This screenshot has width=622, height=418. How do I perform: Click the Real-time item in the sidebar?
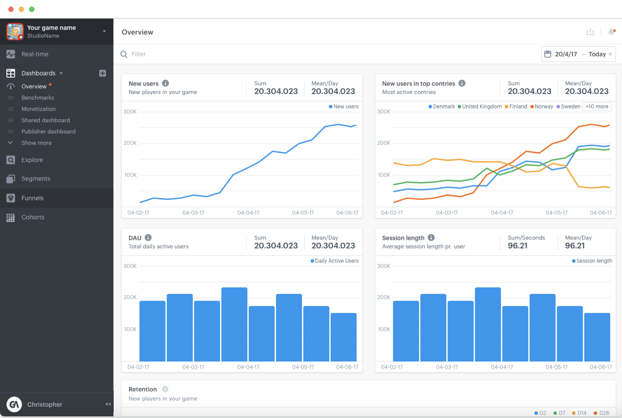point(35,54)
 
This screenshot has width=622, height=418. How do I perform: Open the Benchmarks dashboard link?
point(38,98)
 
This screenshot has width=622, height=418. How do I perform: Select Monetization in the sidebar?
point(39,109)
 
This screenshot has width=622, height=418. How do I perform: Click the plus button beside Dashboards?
point(102,73)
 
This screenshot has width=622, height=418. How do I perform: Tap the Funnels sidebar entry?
point(32,198)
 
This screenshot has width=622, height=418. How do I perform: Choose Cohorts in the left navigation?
point(33,217)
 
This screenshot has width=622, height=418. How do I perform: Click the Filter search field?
point(191,54)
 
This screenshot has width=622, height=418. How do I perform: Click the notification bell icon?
point(611,32)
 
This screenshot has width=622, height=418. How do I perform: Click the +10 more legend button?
point(597,107)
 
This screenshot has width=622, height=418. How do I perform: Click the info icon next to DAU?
point(148,238)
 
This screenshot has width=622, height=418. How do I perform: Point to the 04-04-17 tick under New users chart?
point(248,213)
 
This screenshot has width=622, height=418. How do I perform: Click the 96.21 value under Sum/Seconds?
point(517,246)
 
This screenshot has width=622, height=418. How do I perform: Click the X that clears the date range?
point(610,54)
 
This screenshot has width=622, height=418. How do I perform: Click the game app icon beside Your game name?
point(15,31)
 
